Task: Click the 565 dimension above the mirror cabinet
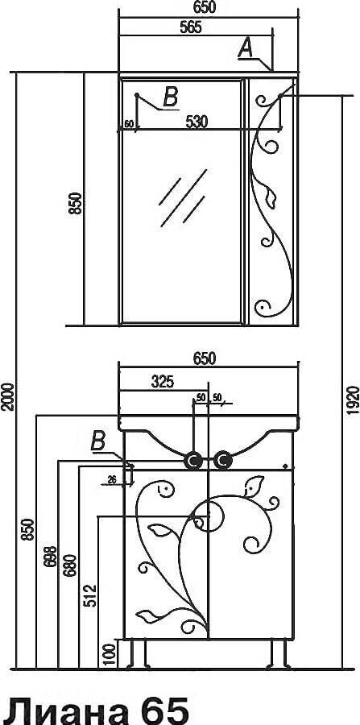190,27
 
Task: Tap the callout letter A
246,48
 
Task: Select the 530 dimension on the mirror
197,122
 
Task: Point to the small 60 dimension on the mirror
129,123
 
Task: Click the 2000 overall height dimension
6,396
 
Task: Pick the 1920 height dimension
353,399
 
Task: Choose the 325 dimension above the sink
162,382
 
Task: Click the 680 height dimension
70,565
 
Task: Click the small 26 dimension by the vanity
111,479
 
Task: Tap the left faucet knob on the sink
192,461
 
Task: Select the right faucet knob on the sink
223,460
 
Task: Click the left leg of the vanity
139,654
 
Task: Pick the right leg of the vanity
279,654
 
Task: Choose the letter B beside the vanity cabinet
98,441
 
